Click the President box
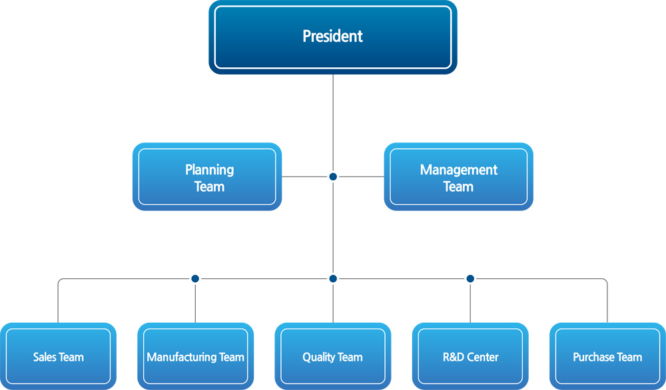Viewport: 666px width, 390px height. tap(333, 37)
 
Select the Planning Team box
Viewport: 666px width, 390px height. tap(207, 176)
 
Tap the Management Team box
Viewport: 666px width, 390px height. tap(459, 176)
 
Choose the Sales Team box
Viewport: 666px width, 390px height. tap(58, 357)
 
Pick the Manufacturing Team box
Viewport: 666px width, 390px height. tap(195, 357)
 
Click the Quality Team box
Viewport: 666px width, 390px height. tap(333, 357)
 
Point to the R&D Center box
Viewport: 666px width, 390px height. tap(470, 357)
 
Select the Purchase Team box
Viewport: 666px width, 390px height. tap(607, 357)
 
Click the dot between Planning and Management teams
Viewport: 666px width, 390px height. tap(333, 176)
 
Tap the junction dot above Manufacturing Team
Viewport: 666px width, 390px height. tap(195, 279)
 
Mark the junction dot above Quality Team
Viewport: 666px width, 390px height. tap(333, 279)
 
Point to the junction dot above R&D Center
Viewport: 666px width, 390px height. tap(470, 279)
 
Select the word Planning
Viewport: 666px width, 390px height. tap(209, 170)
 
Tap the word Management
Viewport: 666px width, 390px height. tap(459, 170)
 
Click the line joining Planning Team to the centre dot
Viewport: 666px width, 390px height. tap(306, 176)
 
